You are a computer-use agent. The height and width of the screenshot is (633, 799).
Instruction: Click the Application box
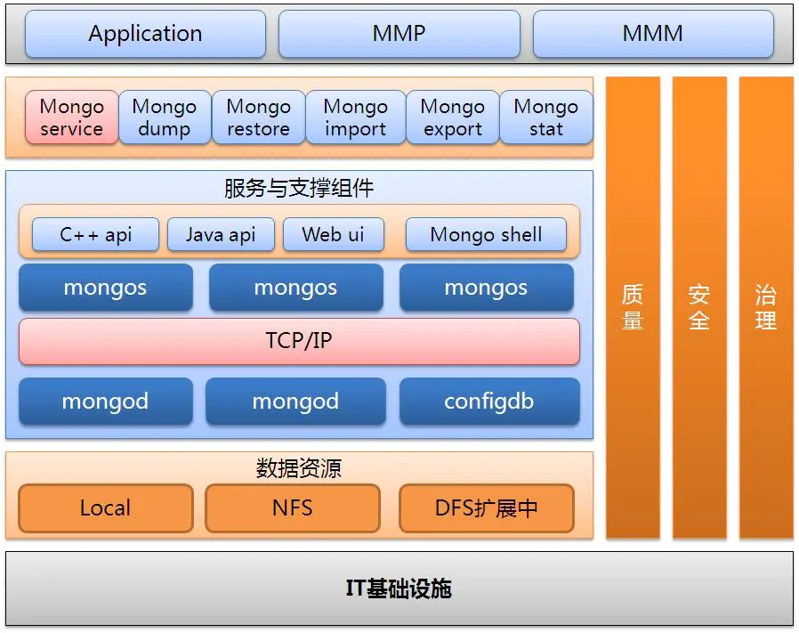click(x=145, y=34)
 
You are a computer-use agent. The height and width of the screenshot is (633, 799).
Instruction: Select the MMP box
click(x=399, y=34)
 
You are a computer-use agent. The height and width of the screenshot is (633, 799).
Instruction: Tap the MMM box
click(x=653, y=34)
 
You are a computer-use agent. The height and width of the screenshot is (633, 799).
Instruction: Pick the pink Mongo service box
click(x=71, y=118)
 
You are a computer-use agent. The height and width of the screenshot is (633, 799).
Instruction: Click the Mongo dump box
click(x=165, y=118)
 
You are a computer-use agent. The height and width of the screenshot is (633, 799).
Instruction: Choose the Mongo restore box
click(x=258, y=118)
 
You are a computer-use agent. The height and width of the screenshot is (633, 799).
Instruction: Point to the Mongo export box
click(x=453, y=118)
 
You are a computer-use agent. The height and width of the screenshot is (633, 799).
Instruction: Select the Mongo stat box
click(x=546, y=118)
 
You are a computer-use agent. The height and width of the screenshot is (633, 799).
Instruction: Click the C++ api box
click(x=95, y=235)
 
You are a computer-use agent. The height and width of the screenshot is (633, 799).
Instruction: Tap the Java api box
click(x=221, y=235)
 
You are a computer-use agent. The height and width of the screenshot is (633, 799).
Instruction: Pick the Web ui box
click(x=334, y=235)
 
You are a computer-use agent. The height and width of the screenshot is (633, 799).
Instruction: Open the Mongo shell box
click(x=486, y=235)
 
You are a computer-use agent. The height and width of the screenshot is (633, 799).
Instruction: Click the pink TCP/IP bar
click(x=299, y=341)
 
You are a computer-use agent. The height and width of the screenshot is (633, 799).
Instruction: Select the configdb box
click(x=489, y=402)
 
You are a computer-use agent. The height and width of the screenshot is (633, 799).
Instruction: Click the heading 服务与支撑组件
click(x=299, y=188)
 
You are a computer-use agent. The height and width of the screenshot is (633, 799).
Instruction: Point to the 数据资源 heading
click(x=299, y=467)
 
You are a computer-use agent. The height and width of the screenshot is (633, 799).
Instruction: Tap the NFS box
click(x=293, y=508)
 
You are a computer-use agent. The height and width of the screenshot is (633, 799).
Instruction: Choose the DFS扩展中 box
click(x=487, y=508)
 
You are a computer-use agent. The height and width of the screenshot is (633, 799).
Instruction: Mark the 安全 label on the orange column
click(x=699, y=307)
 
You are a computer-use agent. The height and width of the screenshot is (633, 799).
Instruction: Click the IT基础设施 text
click(x=399, y=588)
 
